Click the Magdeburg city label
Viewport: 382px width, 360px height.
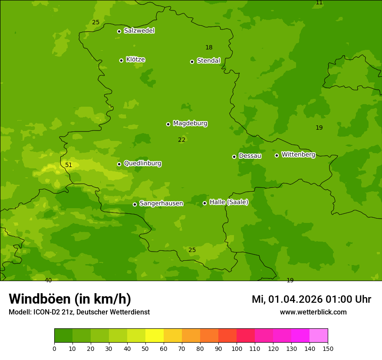pos(190,124)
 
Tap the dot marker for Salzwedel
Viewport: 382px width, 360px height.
pos(119,31)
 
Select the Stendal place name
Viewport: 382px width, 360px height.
pos(209,61)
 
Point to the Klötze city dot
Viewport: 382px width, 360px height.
pos(121,60)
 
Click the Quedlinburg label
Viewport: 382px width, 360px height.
pos(142,164)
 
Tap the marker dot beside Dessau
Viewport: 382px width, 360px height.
pos(234,157)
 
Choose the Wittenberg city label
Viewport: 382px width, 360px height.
pos(298,154)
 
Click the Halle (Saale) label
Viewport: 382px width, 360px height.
pos(229,202)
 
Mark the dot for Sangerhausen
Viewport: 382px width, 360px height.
pos(135,204)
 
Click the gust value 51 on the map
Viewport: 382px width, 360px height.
pos(69,165)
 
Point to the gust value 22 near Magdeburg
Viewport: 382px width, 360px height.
pos(181,140)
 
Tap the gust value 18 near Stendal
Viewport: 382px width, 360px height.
pos(209,47)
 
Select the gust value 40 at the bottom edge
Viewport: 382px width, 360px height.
pos(48,280)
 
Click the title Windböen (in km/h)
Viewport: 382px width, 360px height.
pos(70,299)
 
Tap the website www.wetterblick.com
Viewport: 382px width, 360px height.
pos(313,312)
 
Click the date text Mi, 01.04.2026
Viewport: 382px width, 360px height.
pos(287,299)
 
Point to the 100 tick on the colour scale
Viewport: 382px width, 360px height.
pos(236,348)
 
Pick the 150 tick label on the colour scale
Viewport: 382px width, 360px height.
pos(328,348)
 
